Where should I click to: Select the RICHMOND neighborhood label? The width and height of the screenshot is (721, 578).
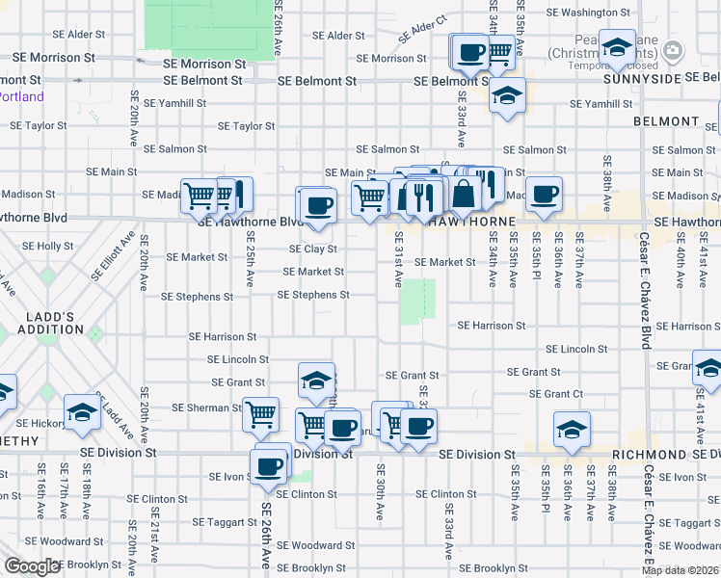[x=648, y=454]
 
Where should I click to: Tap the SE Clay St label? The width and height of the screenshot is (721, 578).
[x=313, y=250]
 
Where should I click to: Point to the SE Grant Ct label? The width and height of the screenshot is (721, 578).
[x=556, y=394]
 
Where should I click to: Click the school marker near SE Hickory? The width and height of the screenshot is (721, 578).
[x=83, y=413]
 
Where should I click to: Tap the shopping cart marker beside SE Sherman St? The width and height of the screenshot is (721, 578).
[x=260, y=415]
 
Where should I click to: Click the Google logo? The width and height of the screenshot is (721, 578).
[x=32, y=566]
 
